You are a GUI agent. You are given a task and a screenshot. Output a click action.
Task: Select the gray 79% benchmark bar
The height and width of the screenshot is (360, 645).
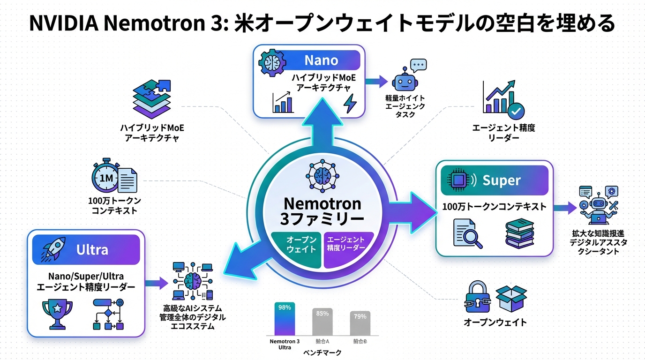pyautogui.click(x=360, y=322)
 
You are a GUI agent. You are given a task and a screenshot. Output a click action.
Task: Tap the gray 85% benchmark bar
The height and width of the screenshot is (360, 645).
pyautogui.click(x=322, y=321)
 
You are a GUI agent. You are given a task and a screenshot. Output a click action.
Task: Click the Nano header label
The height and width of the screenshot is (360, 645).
pyautogui.click(x=321, y=60)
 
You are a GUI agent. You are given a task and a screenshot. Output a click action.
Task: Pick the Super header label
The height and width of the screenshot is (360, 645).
pyautogui.click(x=501, y=180)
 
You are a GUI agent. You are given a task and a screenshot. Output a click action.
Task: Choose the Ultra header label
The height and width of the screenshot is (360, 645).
pyautogui.click(x=92, y=250)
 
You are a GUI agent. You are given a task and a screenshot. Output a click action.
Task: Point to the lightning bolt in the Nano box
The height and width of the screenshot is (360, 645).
pyautogui.click(x=350, y=104)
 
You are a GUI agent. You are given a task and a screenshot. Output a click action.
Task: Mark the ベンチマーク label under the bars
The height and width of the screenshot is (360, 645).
pyautogui.click(x=322, y=352)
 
